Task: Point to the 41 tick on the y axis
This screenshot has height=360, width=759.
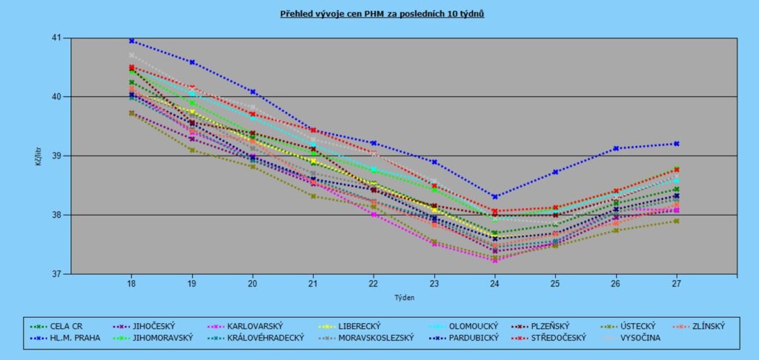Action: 58,38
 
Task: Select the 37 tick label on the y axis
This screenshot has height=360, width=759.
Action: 58,274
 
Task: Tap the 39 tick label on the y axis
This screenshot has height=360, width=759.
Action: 58,156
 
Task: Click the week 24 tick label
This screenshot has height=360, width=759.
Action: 494,283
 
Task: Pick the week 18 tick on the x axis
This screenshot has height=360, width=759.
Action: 131,283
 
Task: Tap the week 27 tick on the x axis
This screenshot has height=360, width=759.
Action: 676,283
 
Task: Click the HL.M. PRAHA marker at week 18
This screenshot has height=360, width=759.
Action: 131,41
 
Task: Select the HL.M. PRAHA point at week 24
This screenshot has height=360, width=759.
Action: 494,197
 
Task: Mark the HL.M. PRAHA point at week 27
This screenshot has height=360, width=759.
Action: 676,144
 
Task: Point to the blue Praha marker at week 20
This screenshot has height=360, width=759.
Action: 253,92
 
